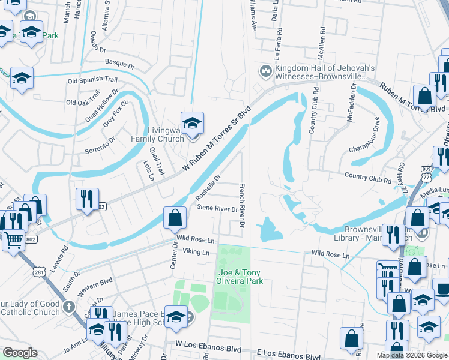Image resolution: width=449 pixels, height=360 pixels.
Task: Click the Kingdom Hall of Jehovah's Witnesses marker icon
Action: tap(265, 72)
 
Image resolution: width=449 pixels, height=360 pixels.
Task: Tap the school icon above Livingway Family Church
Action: tap(193, 124)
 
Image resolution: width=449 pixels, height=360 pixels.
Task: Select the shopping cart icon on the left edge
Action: tap(13, 241)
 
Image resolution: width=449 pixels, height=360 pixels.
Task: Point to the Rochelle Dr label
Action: tap(208, 188)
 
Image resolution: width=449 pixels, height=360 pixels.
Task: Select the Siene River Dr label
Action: tap(218, 208)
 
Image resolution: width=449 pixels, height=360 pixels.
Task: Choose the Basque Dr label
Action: tap(119, 62)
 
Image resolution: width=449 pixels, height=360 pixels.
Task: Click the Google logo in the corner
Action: tap(20, 352)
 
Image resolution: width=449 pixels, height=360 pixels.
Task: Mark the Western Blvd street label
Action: tap(95, 280)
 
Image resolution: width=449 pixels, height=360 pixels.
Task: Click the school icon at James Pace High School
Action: tap(176, 317)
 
